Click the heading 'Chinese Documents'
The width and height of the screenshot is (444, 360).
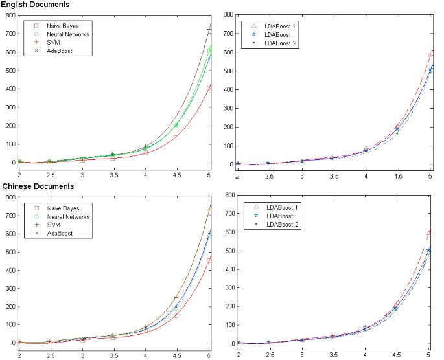33,186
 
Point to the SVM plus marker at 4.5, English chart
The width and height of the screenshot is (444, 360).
176,117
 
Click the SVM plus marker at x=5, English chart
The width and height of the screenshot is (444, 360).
209,30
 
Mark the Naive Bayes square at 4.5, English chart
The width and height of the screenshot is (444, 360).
176,137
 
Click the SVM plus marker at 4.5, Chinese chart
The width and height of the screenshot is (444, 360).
176,298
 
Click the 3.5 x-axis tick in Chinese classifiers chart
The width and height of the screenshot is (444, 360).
113,356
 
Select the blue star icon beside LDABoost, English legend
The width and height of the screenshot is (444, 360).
253,34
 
